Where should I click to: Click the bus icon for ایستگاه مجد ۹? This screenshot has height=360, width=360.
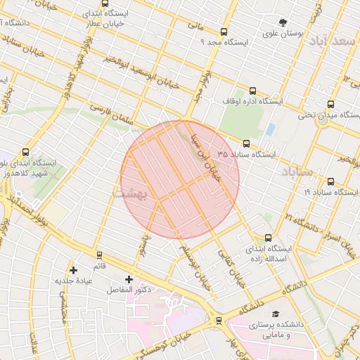(224, 32)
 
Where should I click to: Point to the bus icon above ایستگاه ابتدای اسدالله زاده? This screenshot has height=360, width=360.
(267, 238)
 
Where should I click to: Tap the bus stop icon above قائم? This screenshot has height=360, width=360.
(99, 255)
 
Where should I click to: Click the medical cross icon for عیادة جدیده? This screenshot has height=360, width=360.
(73, 270)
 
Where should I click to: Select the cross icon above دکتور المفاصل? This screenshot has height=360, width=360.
(129, 279)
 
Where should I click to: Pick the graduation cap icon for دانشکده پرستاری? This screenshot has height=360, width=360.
(276, 314)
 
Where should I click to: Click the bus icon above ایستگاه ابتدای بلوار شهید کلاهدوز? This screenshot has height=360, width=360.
(26, 152)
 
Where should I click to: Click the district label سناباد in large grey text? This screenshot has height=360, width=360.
(299, 172)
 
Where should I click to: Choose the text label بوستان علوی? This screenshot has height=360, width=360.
(283, 33)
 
